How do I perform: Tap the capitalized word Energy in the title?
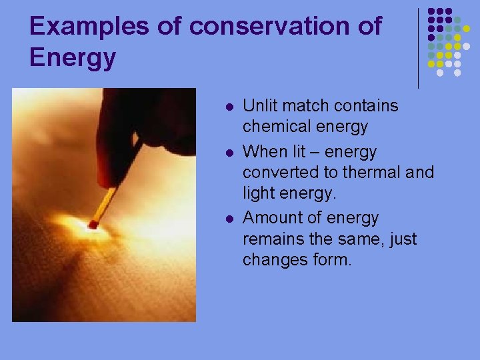73,58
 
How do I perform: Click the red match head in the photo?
92,225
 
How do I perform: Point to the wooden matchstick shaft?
106,203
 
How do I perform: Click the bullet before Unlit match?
229,107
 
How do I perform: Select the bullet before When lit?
229,153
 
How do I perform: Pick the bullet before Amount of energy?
229,219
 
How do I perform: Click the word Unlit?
259,106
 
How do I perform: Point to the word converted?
279,172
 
